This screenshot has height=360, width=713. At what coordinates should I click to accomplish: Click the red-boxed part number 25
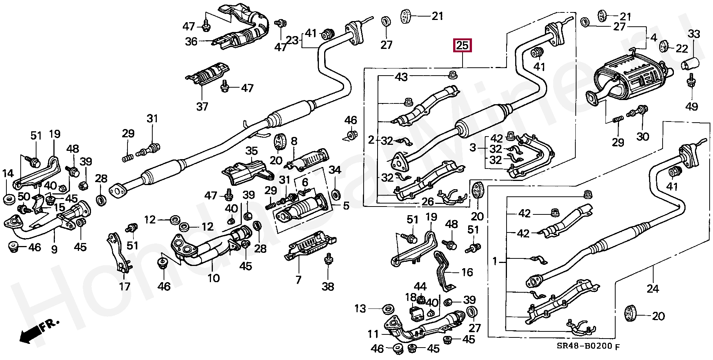(x=462, y=46)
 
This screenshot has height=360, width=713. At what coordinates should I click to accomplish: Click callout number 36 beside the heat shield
(x=191, y=41)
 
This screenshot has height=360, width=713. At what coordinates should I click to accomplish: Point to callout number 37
(x=202, y=106)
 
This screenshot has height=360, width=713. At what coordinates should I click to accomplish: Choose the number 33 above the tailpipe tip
(x=694, y=34)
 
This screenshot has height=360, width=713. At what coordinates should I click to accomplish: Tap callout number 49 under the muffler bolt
(x=692, y=106)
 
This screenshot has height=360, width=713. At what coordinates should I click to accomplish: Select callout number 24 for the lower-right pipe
(x=652, y=289)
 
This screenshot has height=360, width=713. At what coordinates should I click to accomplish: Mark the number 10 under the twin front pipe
(x=214, y=278)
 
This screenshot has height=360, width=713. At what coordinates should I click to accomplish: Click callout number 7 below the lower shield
(x=298, y=280)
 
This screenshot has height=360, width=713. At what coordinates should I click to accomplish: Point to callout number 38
(x=328, y=287)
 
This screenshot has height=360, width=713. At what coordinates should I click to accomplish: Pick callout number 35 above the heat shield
(x=252, y=151)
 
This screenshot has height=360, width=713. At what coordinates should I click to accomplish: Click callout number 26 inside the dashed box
(x=428, y=202)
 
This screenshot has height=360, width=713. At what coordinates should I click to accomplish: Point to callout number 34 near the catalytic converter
(x=335, y=170)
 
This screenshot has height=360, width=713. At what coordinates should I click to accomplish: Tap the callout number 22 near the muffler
(x=682, y=49)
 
